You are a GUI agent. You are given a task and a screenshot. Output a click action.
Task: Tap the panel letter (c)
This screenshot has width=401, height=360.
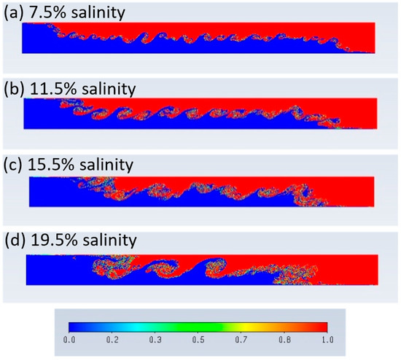tap(15, 165)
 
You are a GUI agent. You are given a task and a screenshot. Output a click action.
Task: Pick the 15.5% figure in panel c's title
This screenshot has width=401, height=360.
tap(52, 165)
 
